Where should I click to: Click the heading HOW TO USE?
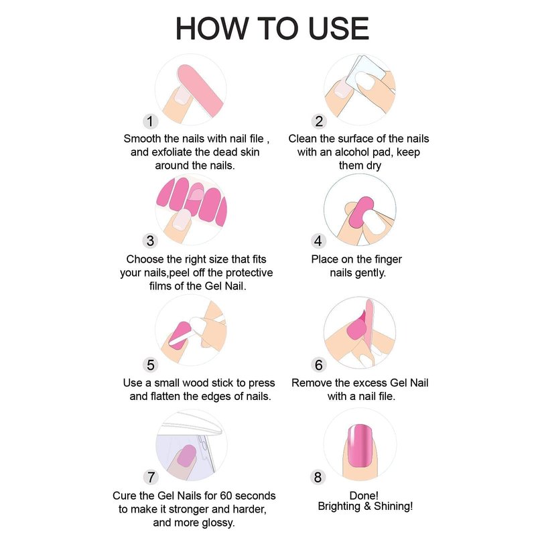point(272,28)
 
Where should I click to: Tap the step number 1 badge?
point(150,121)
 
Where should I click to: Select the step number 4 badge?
point(318,241)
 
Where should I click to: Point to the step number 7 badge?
point(151,477)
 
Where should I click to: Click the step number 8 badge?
point(318,477)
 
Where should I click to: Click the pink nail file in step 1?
point(200,90)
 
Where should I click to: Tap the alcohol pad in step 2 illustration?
point(366,74)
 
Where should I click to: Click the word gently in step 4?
point(371,273)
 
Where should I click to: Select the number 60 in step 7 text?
point(226,496)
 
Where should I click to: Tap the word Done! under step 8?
point(364,495)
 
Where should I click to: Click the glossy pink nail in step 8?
point(360,446)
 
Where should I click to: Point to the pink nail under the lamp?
point(186,456)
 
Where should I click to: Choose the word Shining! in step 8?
point(393,507)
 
